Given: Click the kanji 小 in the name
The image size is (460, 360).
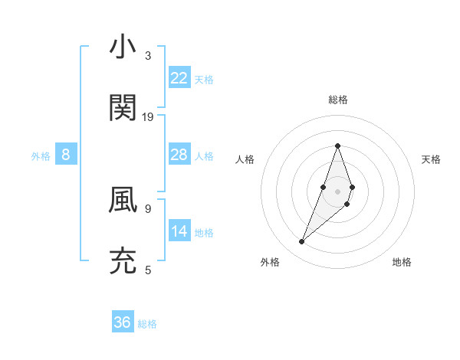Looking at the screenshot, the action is pyautogui.click(x=123, y=47).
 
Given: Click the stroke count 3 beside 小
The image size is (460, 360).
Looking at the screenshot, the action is pyautogui.click(x=147, y=56).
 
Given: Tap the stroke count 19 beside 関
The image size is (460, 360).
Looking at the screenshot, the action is pyautogui.click(x=148, y=117).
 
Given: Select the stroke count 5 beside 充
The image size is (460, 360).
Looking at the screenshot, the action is pyautogui.click(x=147, y=270).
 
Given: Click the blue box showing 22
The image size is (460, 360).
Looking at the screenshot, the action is pyautogui.click(x=179, y=77).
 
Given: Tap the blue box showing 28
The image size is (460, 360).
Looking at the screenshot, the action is pyautogui.click(x=179, y=155).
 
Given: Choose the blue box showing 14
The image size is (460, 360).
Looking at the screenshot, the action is pyautogui.click(x=179, y=231).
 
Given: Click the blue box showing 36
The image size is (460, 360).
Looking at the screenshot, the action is pyautogui.click(x=123, y=322).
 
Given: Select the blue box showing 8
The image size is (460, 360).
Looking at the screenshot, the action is pyautogui.click(x=66, y=155).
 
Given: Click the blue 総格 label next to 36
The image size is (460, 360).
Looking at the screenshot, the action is pyautogui.click(x=148, y=324).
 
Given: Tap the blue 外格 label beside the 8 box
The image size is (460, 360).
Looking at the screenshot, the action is pyautogui.click(x=41, y=156).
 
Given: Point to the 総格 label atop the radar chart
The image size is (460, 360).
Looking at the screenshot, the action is pyautogui.click(x=337, y=100).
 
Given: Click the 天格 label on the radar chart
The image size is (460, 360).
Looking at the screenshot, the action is pyautogui.click(x=431, y=159).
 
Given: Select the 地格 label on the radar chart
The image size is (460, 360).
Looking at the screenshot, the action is pyautogui.click(x=402, y=262).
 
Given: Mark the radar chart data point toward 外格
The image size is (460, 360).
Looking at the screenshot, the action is pyautogui.click(x=301, y=242).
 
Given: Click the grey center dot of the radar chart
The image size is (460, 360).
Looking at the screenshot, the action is pyautogui.click(x=337, y=191).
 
